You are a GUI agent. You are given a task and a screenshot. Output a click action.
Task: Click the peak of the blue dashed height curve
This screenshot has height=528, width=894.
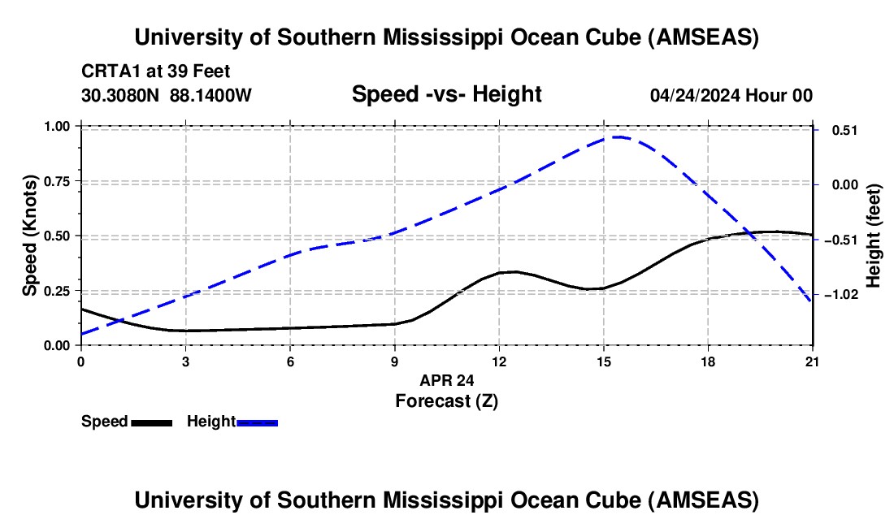tap(616, 137)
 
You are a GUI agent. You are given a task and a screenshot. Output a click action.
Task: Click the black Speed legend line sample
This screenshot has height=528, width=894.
tap(151, 422)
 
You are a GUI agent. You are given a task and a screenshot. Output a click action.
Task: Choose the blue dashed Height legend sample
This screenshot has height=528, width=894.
tap(257, 422)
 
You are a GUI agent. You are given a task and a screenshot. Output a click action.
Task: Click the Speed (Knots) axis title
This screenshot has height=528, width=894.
tap(30, 236)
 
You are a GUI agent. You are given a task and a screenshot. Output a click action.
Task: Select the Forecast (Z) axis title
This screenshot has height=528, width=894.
tap(447, 400)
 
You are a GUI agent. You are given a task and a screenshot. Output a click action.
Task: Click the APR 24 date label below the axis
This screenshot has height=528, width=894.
tap(447, 379)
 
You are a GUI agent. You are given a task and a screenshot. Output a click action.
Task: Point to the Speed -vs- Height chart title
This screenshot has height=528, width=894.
tap(446, 95)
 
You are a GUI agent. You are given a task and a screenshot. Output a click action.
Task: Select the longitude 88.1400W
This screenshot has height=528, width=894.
tap(210, 96)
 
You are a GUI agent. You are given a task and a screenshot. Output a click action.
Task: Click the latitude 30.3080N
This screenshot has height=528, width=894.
tap(122, 96)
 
